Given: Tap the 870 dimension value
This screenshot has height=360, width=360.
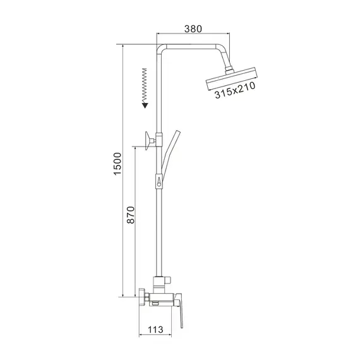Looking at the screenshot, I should (x=131, y=217).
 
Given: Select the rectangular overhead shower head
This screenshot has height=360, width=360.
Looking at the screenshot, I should (x=232, y=80).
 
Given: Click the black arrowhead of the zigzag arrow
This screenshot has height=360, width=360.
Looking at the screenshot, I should (x=145, y=105).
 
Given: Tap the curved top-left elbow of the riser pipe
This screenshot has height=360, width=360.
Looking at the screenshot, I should (x=161, y=49).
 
